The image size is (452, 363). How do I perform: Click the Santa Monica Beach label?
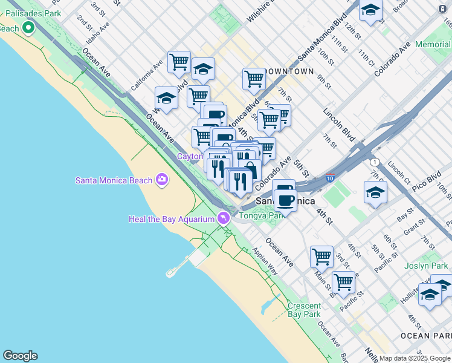(114, 180)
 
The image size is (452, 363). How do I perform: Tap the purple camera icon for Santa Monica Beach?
(161, 179)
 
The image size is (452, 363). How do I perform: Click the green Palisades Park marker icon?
(28, 28)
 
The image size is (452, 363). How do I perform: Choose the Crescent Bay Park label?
(304, 310)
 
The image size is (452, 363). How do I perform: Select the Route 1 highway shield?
(375, 162)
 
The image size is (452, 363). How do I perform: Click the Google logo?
(20, 356)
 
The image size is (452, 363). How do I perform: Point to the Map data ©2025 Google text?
(415, 358)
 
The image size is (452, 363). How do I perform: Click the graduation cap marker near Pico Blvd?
(375, 192)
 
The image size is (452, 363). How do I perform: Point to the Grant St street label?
(415, 229)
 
